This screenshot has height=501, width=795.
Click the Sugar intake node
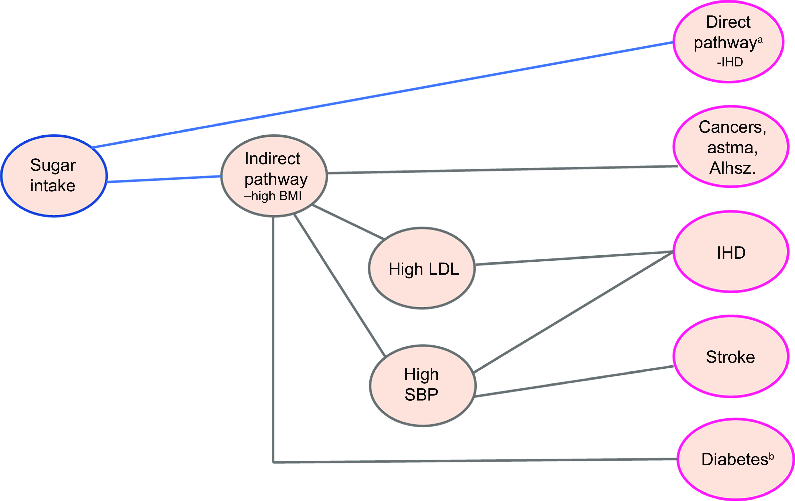click(54, 176)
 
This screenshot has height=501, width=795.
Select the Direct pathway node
click(728, 42)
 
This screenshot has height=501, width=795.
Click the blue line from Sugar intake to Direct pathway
click(383, 95)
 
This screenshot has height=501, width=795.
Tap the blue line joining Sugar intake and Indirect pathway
click(164, 179)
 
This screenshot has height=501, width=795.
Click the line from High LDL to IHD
click(574, 258)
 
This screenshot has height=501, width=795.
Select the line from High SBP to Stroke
click(574, 381)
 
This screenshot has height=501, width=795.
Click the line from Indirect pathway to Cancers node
click(502, 170)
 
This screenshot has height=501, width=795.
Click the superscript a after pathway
click(760, 40)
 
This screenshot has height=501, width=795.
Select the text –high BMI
click(273, 196)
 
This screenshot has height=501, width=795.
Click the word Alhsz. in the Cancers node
click(732, 168)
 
